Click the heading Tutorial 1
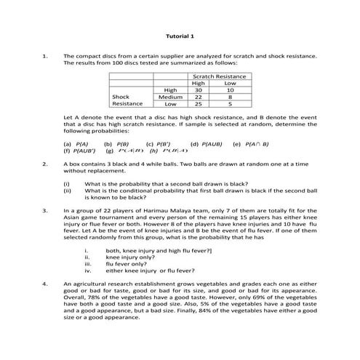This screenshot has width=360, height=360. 180,36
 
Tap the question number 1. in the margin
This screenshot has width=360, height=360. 45,55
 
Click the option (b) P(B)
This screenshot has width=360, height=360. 116,144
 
